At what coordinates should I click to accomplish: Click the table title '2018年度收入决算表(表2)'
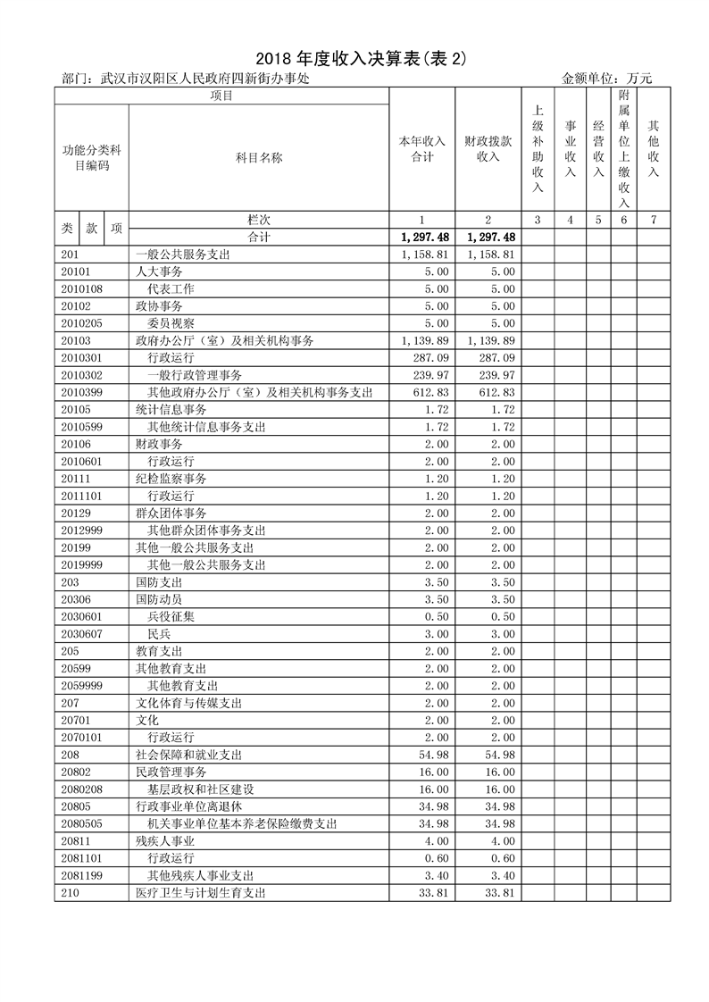(x=354, y=59)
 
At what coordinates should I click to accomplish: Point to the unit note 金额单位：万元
(x=607, y=79)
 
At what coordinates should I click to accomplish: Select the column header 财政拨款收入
(x=488, y=149)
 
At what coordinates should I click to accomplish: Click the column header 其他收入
(x=654, y=149)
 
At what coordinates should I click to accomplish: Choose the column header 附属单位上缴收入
(x=624, y=149)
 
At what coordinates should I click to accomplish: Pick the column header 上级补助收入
(x=538, y=149)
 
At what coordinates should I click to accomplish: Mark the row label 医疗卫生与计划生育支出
(x=200, y=892)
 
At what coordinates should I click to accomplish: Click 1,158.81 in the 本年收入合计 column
(x=421, y=255)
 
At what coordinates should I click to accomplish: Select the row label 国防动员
(x=159, y=599)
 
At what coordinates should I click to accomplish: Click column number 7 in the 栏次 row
(x=654, y=220)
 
